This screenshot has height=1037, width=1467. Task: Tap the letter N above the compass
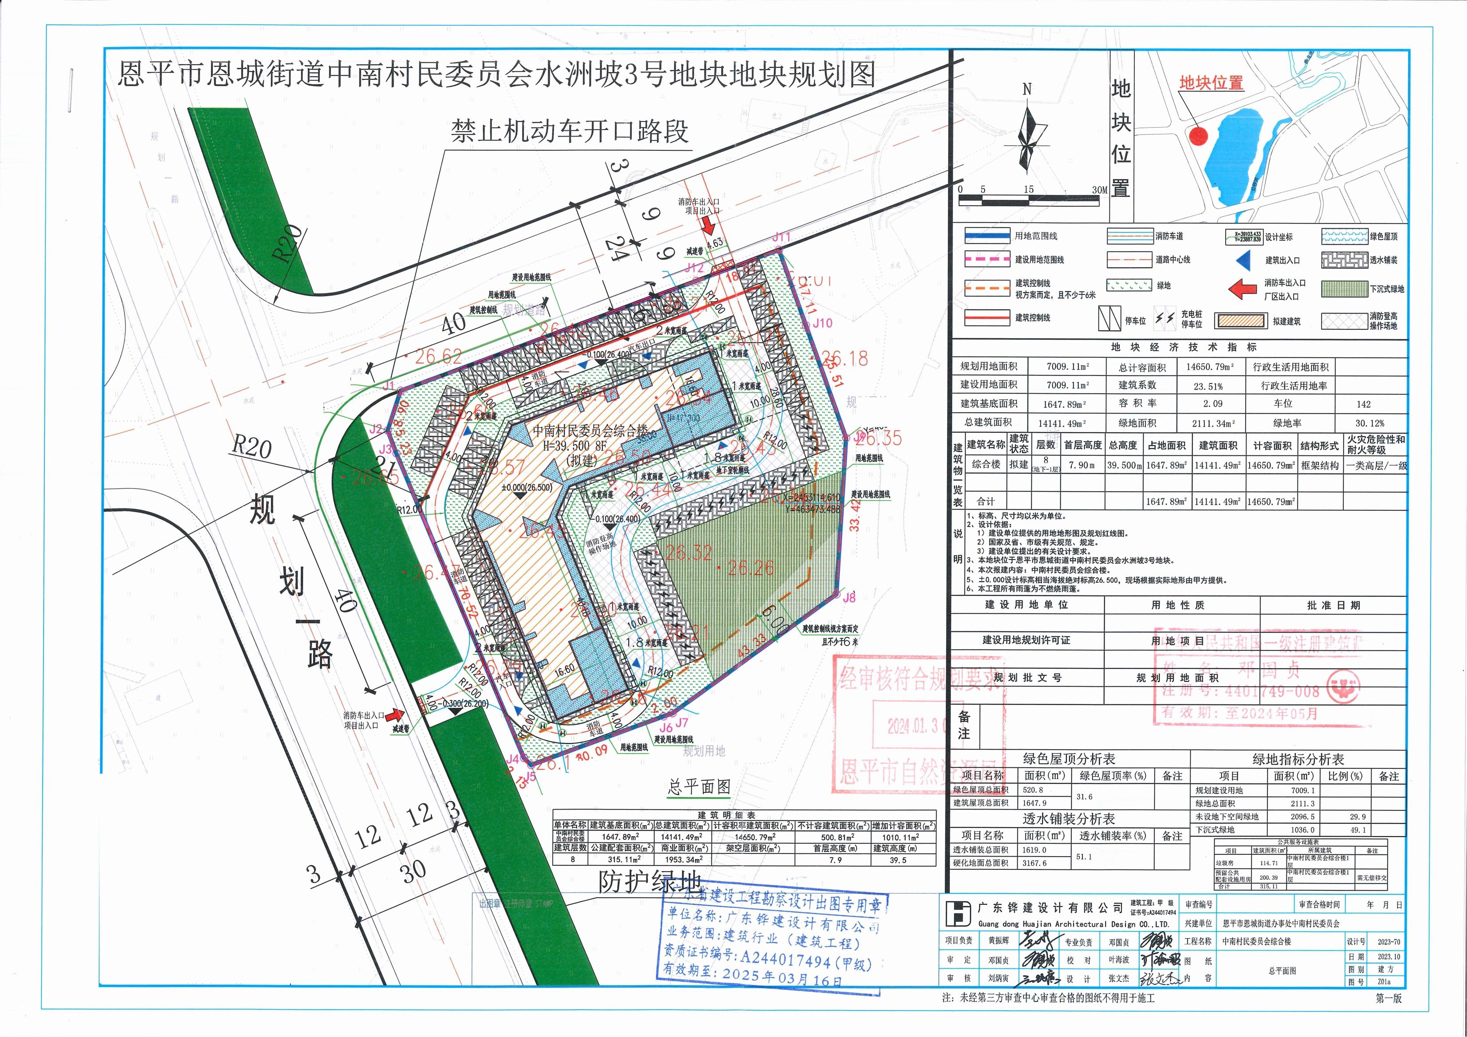coord(1027,90)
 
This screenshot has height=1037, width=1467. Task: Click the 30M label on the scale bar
coord(1099,190)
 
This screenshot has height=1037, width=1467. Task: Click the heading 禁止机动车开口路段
coord(569,132)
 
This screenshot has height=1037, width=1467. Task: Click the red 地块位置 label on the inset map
coord(1211,83)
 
